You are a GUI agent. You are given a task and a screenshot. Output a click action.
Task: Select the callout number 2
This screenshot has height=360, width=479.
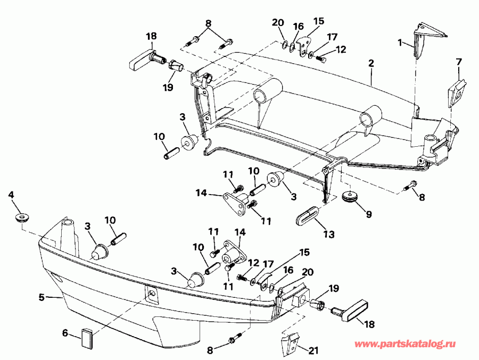tap(371, 62)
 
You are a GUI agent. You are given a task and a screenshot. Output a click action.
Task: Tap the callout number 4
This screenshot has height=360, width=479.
tap(11, 195)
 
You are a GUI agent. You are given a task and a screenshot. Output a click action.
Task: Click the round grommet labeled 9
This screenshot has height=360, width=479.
tap(350, 196)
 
